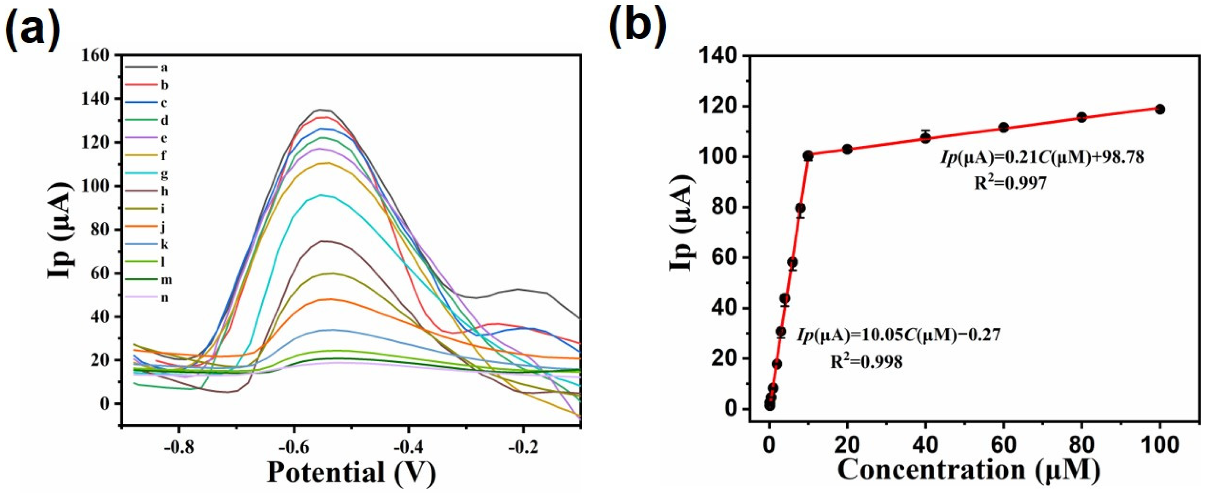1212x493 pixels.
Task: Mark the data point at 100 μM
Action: [x=1160, y=109]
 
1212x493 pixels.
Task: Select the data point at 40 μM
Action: [x=926, y=138]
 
